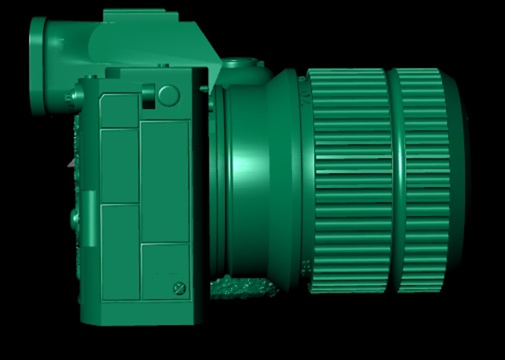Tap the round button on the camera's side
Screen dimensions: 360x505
[x=169, y=96]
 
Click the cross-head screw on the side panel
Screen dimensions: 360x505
[x=180, y=288]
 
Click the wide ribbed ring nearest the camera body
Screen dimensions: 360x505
[x=350, y=180]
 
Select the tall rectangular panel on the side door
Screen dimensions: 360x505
[x=165, y=182]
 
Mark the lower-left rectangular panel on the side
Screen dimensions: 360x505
[x=120, y=252]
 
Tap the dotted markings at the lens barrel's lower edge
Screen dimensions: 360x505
[x=306, y=267]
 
